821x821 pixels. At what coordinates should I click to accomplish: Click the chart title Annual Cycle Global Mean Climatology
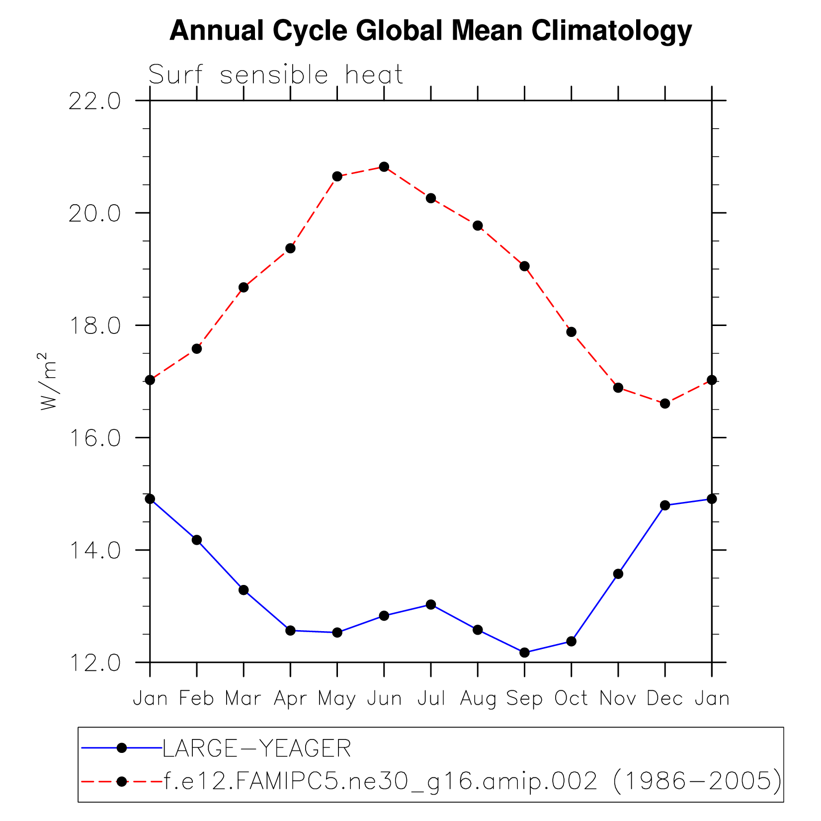tap(430, 31)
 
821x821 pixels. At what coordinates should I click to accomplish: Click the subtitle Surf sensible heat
tap(275, 75)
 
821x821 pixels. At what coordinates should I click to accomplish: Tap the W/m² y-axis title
tap(49, 381)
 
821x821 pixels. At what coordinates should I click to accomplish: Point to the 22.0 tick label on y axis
tap(94, 101)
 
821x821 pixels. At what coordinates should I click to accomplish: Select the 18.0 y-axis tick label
tap(94, 326)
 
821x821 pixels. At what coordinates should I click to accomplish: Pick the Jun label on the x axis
tap(384, 699)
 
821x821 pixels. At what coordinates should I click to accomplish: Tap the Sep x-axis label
tap(524, 699)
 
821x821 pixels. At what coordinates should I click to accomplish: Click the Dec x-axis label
tap(665, 699)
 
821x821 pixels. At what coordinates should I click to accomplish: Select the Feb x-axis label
tap(197, 699)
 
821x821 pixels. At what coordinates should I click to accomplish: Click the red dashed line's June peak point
tap(384, 166)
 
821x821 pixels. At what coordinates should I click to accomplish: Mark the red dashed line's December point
tap(665, 404)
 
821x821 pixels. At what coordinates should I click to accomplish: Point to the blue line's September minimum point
tap(524, 653)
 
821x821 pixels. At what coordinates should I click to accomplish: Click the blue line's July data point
tap(431, 604)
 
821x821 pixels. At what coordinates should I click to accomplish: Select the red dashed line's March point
tap(244, 287)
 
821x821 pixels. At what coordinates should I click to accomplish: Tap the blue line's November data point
tap(618, 574)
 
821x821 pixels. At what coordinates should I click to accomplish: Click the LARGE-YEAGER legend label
tap(257, 748)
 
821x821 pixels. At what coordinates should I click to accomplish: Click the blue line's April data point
tap(290, 631)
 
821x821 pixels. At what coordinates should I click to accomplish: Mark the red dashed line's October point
tap(572, 332)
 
